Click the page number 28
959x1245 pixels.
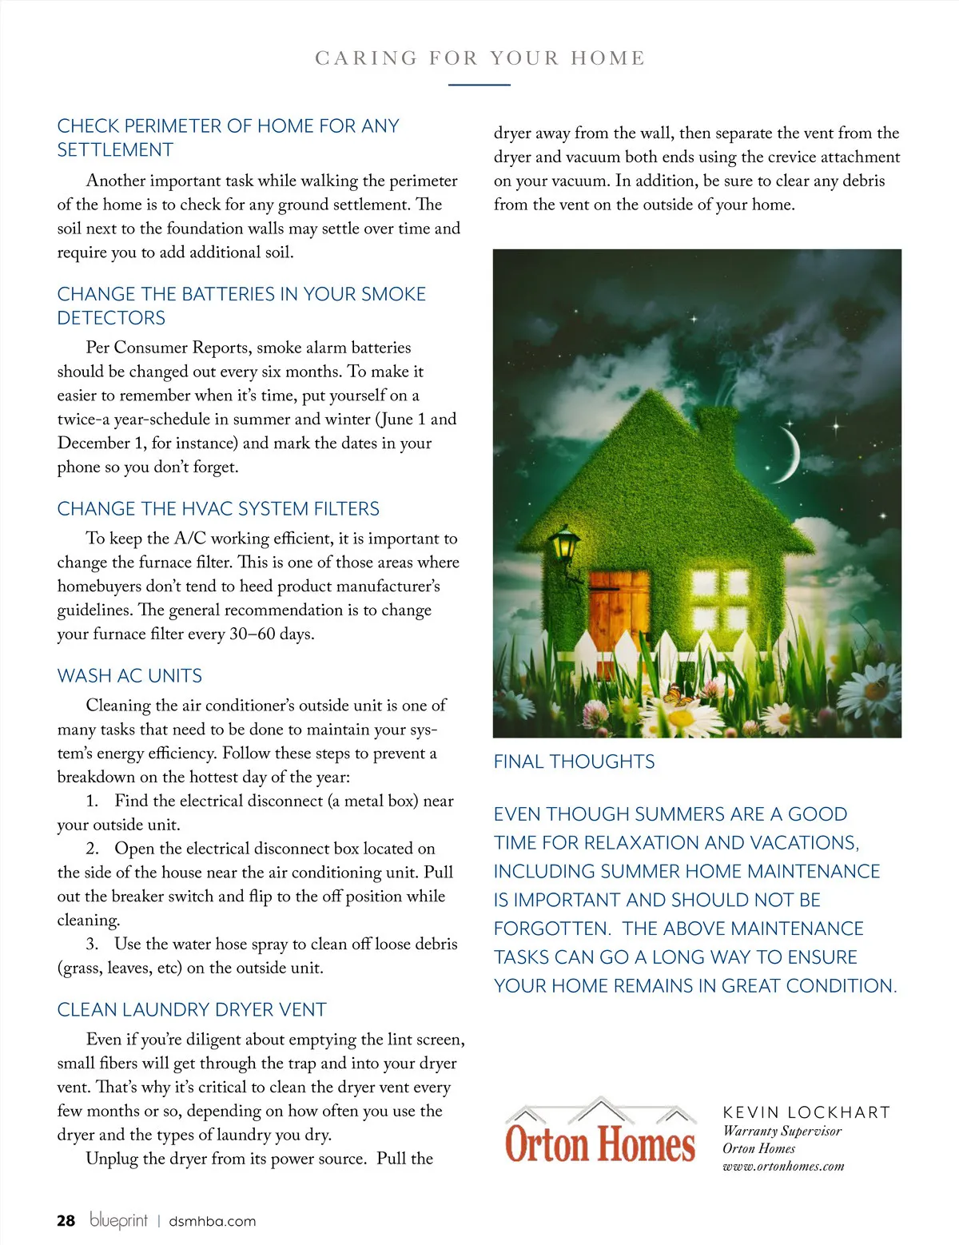click(66, 1220)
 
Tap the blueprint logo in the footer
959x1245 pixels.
click(118, 1219)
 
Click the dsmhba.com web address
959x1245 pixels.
click(212, 1221)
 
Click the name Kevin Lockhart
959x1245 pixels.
click(806, 1112)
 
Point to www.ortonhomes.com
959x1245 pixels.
click(782, 1167)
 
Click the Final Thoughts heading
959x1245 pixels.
click(574, 762)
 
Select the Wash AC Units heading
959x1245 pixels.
click(129, 676)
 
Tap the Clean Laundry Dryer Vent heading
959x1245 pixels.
click(192, 1010)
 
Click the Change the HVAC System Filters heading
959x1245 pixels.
click(218, 509)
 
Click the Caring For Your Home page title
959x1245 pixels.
click(479, 58)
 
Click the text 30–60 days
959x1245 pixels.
click(271, 634)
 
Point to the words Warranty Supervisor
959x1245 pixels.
click(782, 1131)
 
